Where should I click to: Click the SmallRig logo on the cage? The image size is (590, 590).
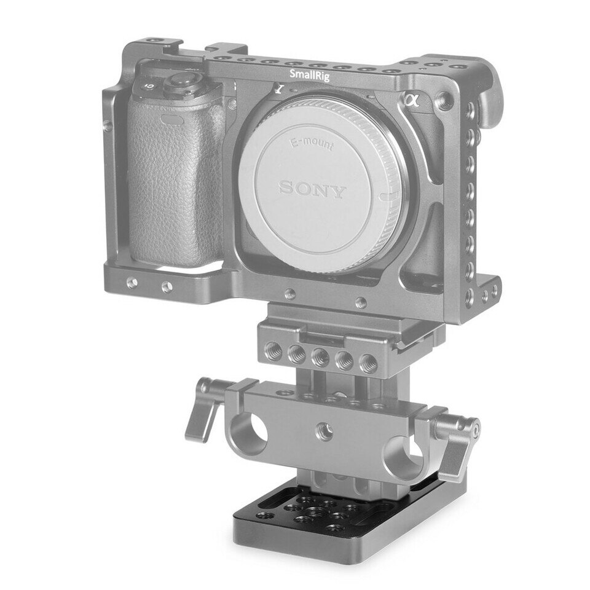point(310,75)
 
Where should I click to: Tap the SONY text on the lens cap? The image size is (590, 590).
point(312,189)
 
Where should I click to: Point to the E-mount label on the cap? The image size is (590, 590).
point(310,143)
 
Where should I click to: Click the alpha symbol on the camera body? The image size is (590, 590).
point(412,100)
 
